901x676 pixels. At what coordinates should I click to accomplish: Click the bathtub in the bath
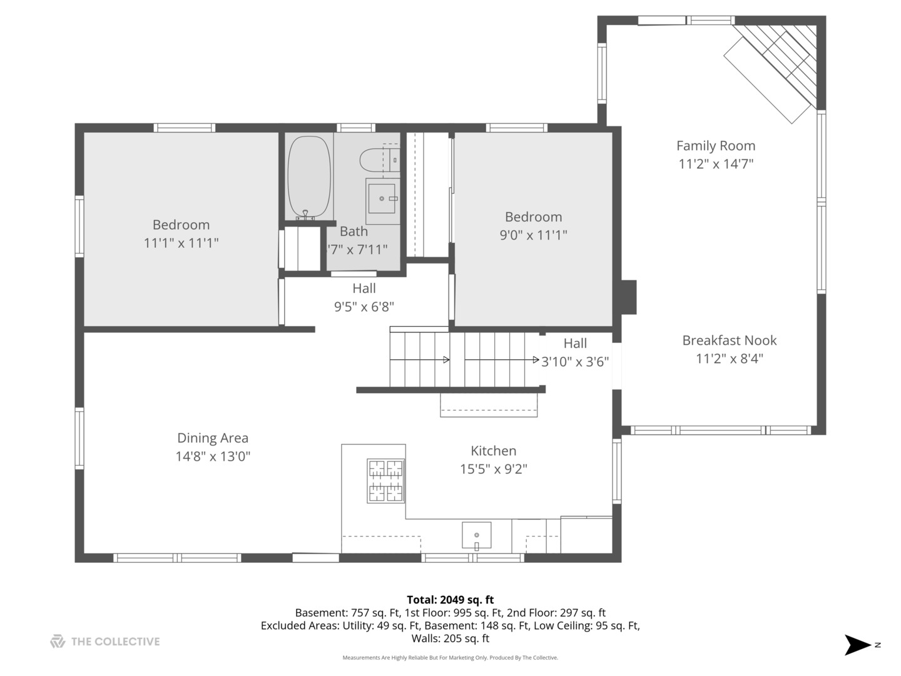(x=308, y=177)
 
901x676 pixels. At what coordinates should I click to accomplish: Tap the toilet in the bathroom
(x=379, y=160)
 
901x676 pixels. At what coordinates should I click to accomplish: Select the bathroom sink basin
(x=381, y=198)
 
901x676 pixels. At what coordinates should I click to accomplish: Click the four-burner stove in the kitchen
(x=385, y=481)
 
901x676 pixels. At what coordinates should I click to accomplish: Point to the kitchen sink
(x=476, y=535)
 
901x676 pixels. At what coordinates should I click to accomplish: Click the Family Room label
(x=715, y=146)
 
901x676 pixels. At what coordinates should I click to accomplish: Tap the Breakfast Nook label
(x=730, y=341)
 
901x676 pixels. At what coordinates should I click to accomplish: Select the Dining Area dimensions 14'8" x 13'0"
(x=213, y=456)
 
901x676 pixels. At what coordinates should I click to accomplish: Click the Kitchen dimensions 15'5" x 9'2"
(x=494, y=469)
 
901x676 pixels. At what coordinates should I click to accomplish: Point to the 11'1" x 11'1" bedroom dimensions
(x=181, y=243)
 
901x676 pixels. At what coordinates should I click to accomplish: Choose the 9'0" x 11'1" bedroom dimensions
(x=533, y=235)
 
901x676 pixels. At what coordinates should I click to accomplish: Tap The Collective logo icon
(x=58, y=642)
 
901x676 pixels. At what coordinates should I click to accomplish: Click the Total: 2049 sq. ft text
(x=450, y=600)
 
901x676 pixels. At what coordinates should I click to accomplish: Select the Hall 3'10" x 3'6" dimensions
(x=574, y=362)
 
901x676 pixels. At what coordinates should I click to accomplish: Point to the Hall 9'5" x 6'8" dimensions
(x=364, y=307)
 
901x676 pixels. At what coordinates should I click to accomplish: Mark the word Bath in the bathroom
(x=354, y=232)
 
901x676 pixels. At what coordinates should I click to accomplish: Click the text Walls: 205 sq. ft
(x=450, y=638)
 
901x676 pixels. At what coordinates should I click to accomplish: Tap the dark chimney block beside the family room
(x=628, y=297)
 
